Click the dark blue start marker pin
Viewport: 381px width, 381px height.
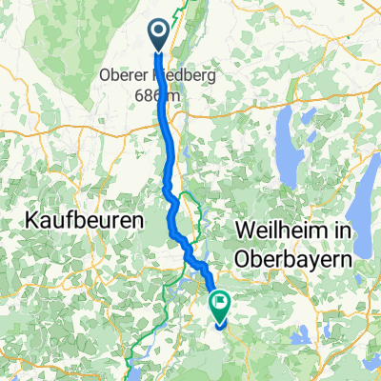click(158, 35)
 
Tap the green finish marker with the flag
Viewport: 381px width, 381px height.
click(221, 306)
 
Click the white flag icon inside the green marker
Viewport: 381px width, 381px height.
click(221, 305)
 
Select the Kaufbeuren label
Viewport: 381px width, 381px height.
click(80, 220)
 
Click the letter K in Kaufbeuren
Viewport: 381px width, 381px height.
click(25, 220)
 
